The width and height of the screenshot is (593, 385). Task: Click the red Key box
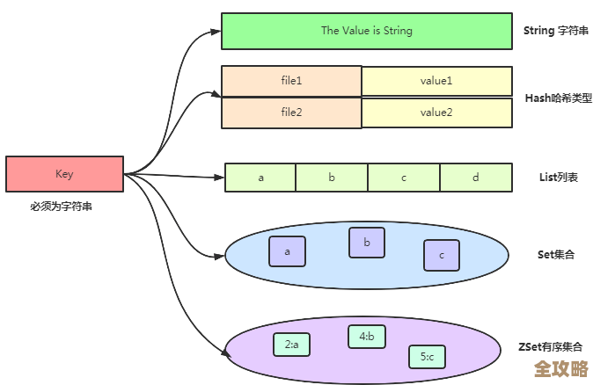coord(64,174)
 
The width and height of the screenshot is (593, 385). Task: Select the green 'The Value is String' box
coord(366,31)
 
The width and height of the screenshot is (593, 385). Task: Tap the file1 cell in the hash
coord(291,81)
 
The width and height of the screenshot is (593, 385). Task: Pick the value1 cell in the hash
coord(436,81)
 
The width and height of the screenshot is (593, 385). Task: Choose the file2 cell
coord(291,113)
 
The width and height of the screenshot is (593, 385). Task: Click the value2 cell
coord(436,113)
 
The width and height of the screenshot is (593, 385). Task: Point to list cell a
coord(260,178)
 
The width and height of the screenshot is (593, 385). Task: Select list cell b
coord(332,178)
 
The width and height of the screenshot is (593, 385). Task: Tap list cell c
coord(404,178)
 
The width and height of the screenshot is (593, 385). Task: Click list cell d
coord(476,178)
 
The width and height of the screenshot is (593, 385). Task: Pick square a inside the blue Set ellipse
coord(287,251)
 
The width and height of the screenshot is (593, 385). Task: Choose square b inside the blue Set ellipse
coord(367,243)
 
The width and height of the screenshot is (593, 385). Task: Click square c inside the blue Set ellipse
coord(442,255)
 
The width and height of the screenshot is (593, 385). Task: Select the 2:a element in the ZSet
coord(291,345)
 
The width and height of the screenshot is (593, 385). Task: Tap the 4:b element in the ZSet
coord(367,336)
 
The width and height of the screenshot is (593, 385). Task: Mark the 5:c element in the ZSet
coord(428,356)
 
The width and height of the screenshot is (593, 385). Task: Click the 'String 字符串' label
coord(550,31)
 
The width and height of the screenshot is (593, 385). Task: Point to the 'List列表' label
coord(556,178)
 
